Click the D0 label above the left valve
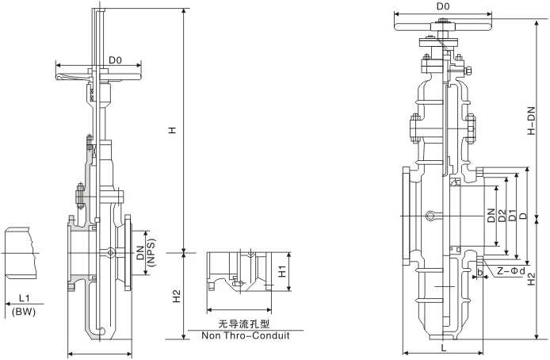tap(115, 59)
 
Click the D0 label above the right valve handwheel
tap(444, 7)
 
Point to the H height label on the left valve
tap(172, 130)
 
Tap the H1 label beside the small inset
tap(281, 271)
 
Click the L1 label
tap(25, 299)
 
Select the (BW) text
tap(25, 312)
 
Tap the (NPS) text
tap(151, 254)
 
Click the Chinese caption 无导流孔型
tap(245, 324)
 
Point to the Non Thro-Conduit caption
tap(245, 335)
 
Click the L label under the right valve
tap(444, 347)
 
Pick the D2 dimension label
tap(502, 215)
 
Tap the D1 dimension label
tap(512, 215)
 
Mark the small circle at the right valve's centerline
tap(430, 216)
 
